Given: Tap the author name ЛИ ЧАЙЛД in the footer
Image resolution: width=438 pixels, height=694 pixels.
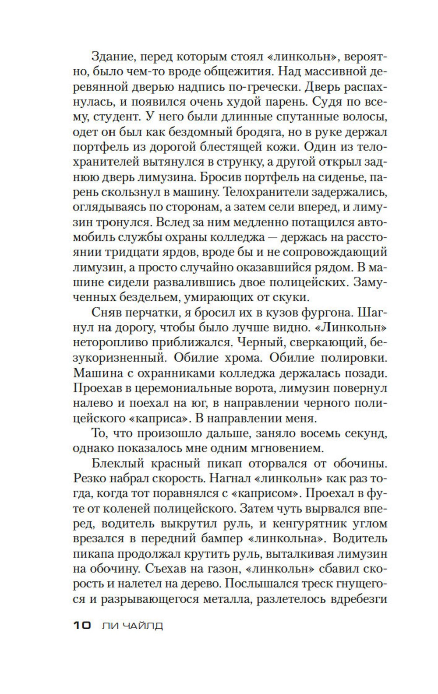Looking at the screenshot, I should click(132, 625).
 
